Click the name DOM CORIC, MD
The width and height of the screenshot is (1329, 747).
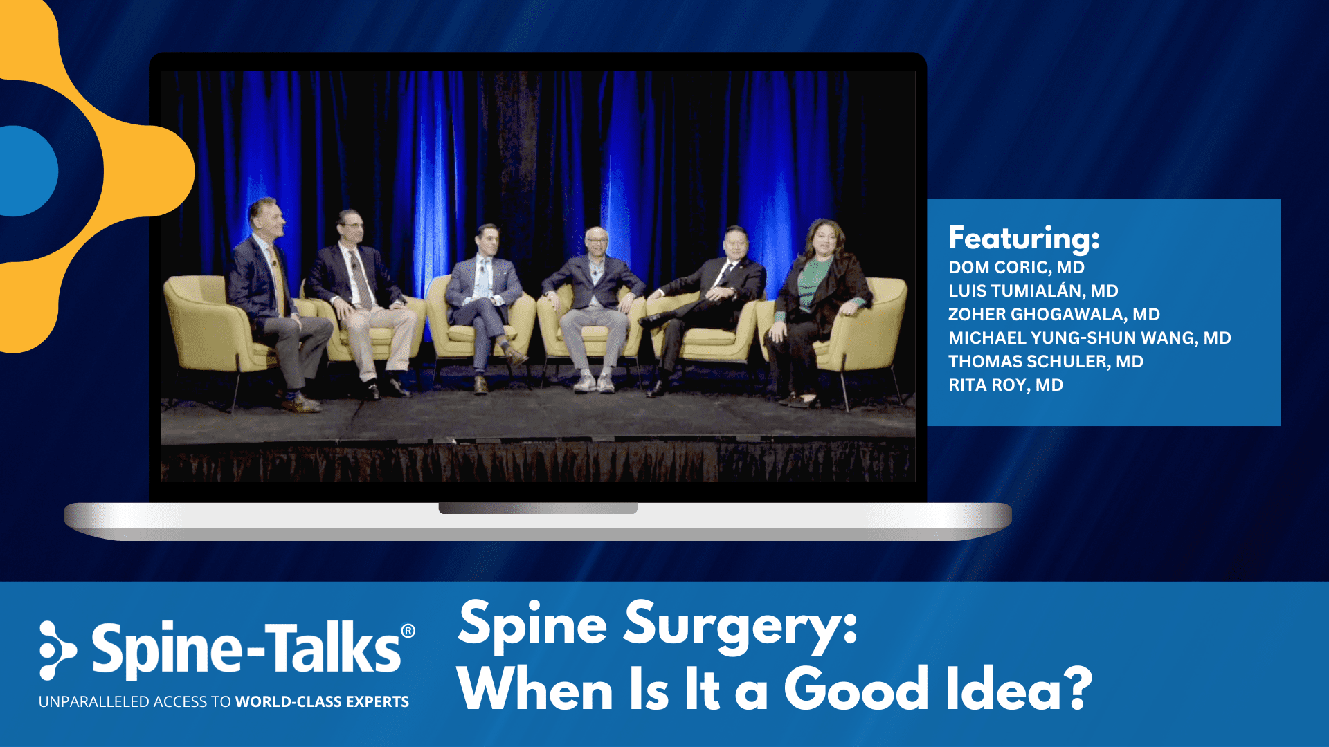click(x=1016, y=268)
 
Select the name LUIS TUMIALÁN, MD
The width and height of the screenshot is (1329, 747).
click(x=1033, y=291)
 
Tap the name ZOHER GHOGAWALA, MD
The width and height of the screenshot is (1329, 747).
click(x=1054, y=315)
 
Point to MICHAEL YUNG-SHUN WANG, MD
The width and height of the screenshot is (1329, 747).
click(x=1090, y=338)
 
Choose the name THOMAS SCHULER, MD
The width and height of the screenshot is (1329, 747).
click(x=1045, y=362)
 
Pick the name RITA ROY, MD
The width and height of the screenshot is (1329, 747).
click(x=1005, y=385)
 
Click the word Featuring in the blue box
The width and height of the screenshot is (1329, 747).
click(x=1023, y=239)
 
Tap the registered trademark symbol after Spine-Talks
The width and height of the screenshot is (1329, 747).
click(x=408, y=631)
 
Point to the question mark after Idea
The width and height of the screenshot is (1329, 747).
click(x=1078, y=688)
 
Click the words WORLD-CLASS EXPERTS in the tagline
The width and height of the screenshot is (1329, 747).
click(x=322, y=701)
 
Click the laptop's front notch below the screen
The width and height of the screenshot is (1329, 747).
click(x=538, y=508)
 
